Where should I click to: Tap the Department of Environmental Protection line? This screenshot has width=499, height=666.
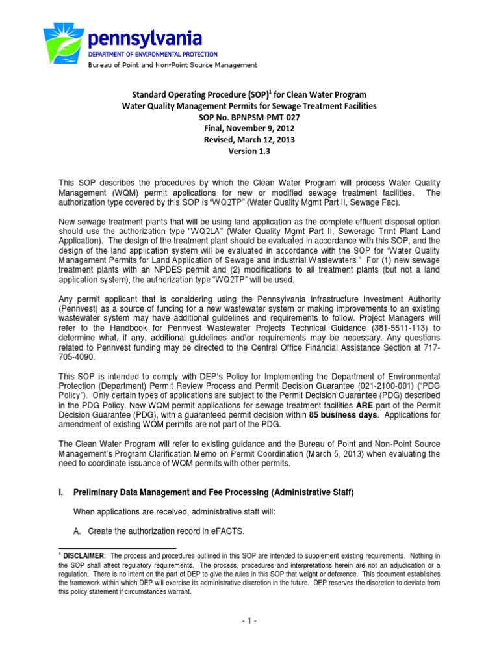point(153,55)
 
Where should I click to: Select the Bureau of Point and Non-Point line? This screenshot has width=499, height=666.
point(173,65)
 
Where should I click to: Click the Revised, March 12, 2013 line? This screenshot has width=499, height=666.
point(249,139)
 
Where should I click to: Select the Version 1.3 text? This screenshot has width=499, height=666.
point(249,151)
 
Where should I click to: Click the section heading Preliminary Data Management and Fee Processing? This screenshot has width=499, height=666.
point(214,494)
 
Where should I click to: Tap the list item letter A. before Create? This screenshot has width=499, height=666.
point(77,531)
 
